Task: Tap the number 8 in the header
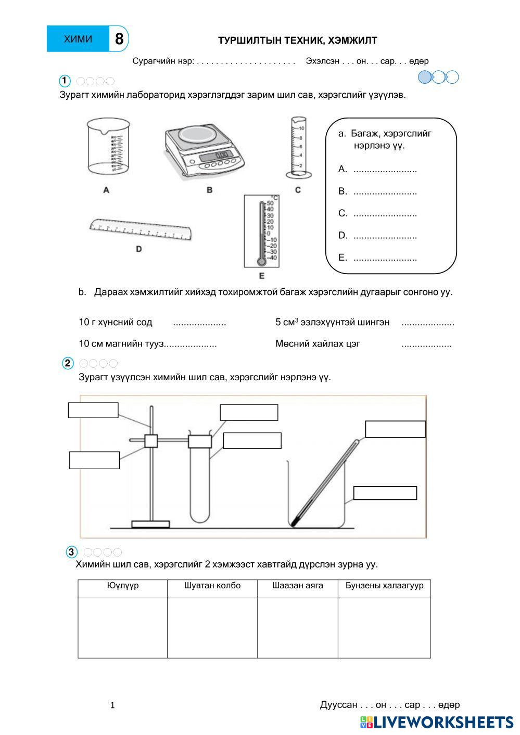point(119,39)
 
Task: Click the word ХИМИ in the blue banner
point(78,39)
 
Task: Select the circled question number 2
point(68,364)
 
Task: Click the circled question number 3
point(72,552)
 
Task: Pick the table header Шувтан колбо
point(212,586)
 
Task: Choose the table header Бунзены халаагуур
point(384,586)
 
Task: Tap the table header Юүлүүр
point(123,586)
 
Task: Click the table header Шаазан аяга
point(297,586)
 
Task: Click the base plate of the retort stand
point(150,524)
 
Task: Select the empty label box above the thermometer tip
point(395,429)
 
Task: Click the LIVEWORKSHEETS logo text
point(442,723)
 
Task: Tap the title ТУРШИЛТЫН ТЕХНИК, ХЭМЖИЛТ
point(297,41)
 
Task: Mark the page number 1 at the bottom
point(112,705)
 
